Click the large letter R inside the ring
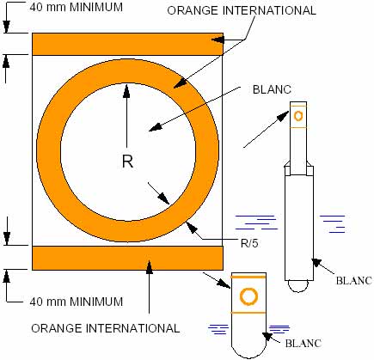point(128,162)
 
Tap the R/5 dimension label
point(249,243)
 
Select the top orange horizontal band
point(127,44)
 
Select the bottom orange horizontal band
point(127,258)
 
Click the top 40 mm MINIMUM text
point(77,7)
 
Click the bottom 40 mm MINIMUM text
point(77,302)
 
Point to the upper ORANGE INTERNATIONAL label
point(242,10)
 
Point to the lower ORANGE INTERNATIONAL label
point(106,328)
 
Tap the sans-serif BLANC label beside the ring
point(272,89)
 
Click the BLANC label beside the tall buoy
point(354,281)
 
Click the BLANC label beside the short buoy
point(303,343)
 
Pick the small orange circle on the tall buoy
point(298,116)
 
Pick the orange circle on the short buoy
point(248,296)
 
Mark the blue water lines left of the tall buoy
point(256,223)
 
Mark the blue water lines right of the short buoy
point(279,329)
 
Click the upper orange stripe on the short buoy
point(248,278)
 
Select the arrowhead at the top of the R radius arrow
point(126,90)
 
